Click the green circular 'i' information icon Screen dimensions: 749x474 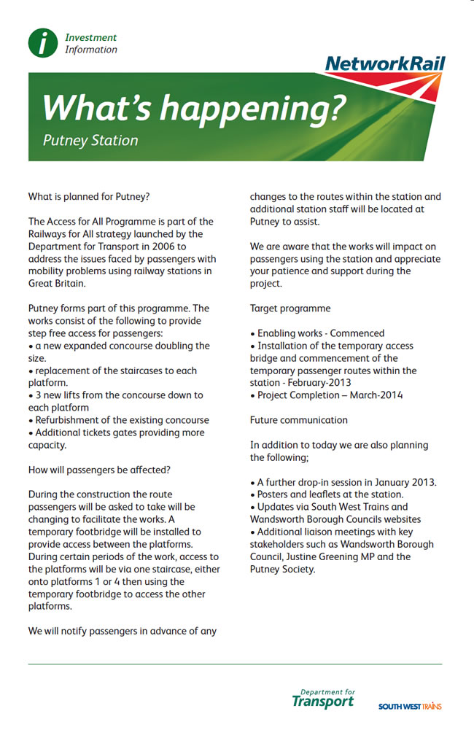(43, 43)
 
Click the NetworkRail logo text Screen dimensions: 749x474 (384, 64)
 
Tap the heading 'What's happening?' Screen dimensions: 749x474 (193, 107)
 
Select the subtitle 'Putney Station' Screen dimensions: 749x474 (90, 140)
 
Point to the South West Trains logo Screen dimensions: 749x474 (410, 706)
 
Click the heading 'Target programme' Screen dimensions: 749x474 (290, 308)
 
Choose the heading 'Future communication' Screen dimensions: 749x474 (299, 420)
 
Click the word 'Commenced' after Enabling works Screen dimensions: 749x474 (357, 333)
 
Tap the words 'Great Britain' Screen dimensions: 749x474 (57, 284)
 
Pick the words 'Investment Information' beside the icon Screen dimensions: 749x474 (90, 44)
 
